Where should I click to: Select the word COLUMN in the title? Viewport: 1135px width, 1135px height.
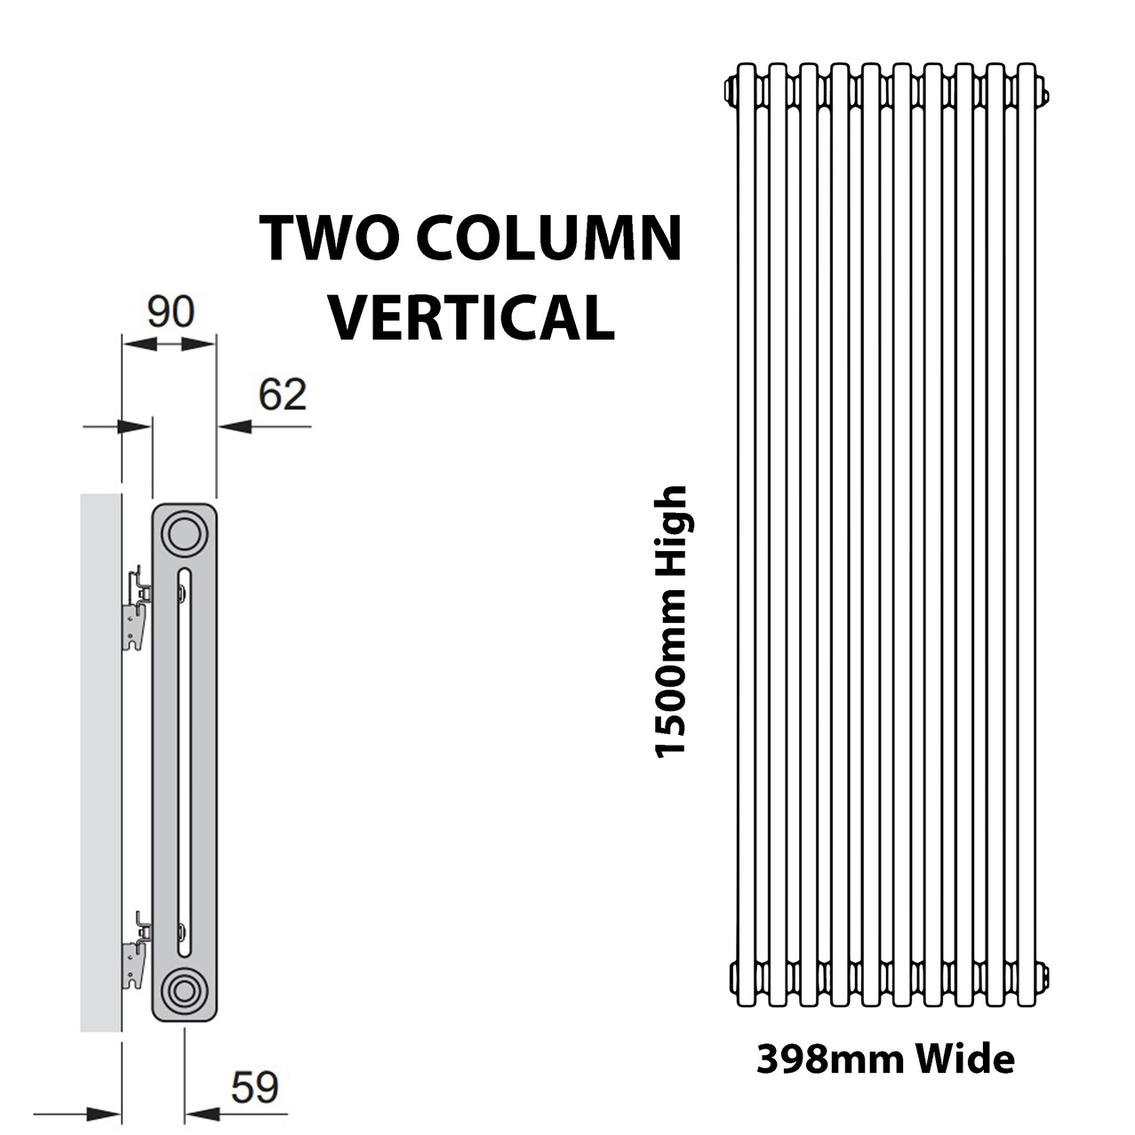point(551,238)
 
